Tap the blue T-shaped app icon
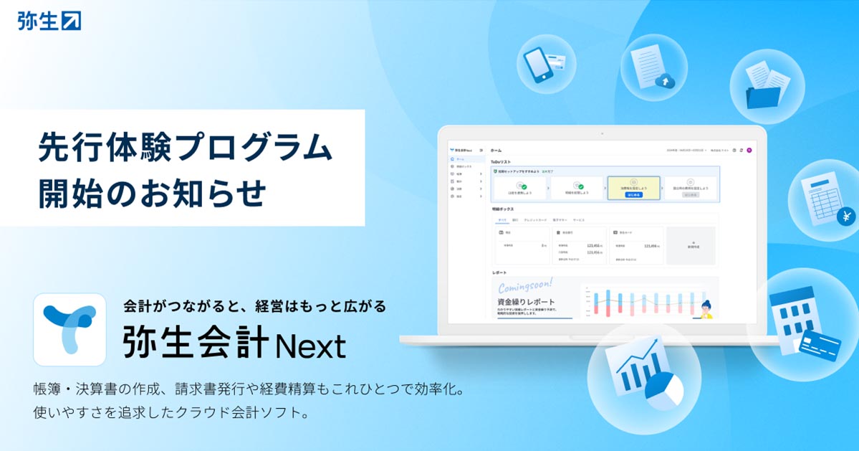click(x=69, y=329)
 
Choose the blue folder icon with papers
click(x=767, y=84)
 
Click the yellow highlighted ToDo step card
click(x=633, y=187)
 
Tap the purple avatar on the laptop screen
click(x=749, y=150)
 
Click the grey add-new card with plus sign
click(x=691, y=245)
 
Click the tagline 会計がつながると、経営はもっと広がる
click(x=255, y=306)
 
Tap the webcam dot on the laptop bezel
click(x=601, y=133)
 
